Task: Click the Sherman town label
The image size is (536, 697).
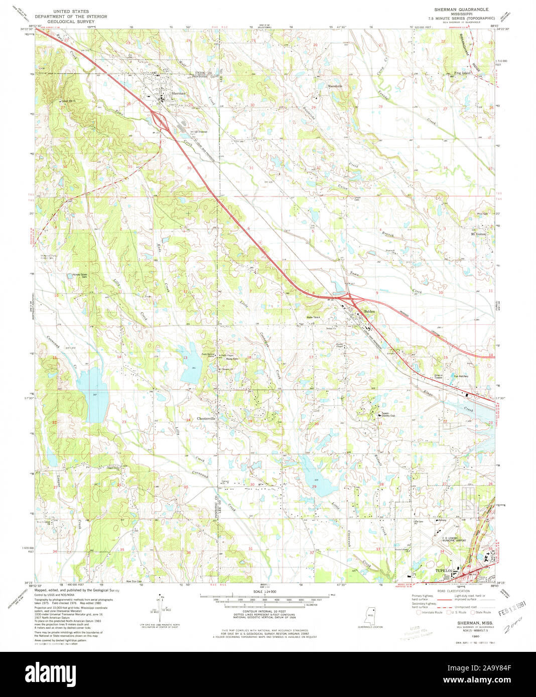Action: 179,94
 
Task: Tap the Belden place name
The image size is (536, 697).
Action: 369,311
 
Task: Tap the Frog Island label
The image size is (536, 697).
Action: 464,73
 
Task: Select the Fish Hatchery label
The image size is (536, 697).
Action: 461,376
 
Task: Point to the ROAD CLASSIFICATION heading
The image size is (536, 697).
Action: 452,591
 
